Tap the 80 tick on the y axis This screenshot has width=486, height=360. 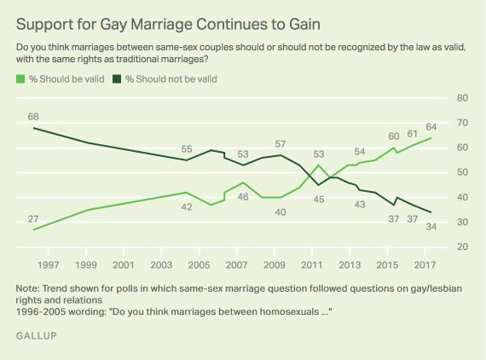(463, 98)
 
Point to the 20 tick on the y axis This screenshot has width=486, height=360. (463, 247)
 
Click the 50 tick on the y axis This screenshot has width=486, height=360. (463, 172)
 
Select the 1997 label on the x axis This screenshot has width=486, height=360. (49, 264)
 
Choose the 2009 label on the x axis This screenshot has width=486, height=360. (275, 264)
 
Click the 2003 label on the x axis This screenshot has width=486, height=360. (161, 264)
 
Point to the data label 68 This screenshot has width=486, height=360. (35, 116)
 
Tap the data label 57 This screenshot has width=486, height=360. (281, 144)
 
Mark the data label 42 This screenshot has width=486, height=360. (186, 206)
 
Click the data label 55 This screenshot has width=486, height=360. (186, 148)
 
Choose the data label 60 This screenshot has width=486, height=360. (393, 136)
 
